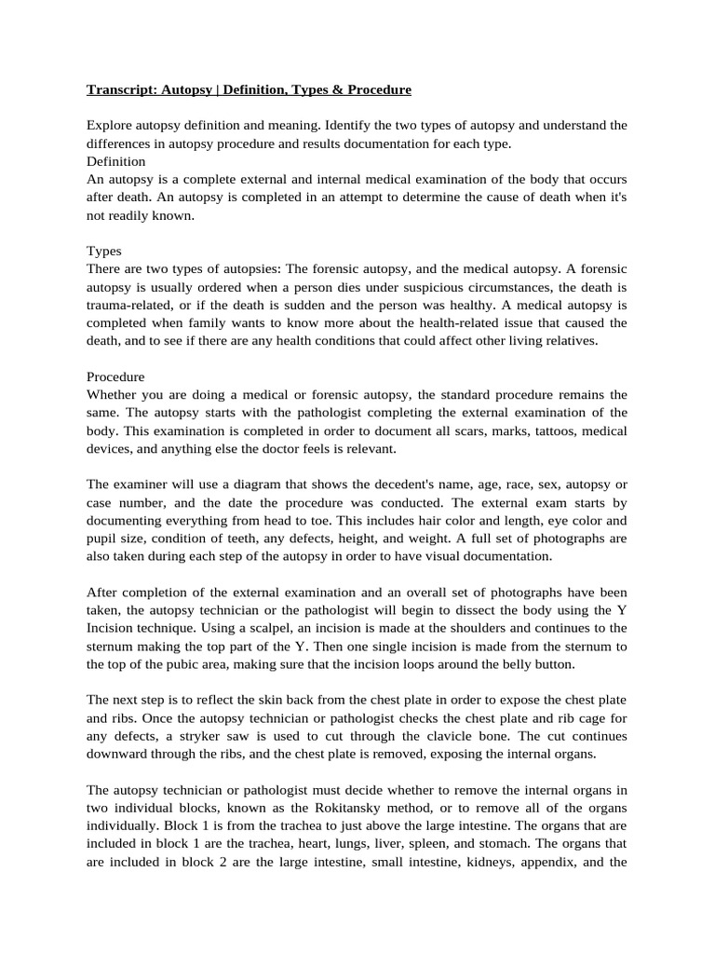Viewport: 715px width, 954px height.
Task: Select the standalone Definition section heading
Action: (x=115, y=161)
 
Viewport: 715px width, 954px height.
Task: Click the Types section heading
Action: (x=103, y=251)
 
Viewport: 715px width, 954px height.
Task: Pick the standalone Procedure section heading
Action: (x=115, y=377)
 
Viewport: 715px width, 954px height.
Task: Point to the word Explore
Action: (x=110, y=126)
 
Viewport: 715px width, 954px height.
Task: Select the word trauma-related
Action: (x=129, y=305)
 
